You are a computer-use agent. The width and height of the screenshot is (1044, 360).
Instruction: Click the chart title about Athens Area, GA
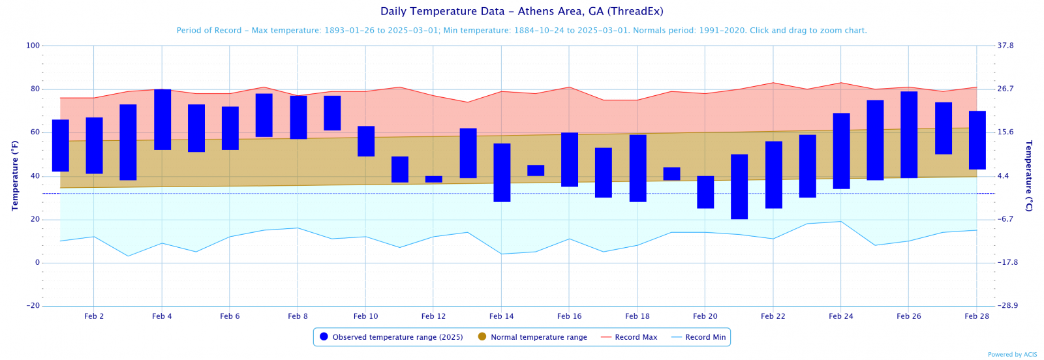click(x=521, y=11)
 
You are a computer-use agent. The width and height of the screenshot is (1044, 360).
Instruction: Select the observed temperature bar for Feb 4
click(x=162, y=119)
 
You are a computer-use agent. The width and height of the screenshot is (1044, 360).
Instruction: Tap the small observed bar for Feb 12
click(x=434, y=179)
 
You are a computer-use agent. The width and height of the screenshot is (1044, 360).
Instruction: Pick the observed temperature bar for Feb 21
click(x=739, y=187)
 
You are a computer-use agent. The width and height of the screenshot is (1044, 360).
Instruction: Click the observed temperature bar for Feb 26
click(x=909, y=134)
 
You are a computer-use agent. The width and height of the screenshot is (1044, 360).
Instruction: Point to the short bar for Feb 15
click(x=536, y=170)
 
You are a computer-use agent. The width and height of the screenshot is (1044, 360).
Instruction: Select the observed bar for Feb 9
click(x=332, y=113)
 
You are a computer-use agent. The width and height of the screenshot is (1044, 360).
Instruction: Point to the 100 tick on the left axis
click(x=33, y=46)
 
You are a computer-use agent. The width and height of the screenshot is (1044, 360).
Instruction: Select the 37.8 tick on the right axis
click(x=1006, y=46)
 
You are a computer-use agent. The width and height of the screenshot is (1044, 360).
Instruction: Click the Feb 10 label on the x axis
click(x=365, y=316)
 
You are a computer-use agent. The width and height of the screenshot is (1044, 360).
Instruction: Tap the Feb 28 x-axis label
click(x=977, y=316)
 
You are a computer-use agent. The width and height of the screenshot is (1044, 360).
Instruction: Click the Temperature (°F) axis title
click(x=15, y=175)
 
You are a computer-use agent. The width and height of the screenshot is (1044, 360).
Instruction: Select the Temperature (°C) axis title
click(x=1029, y=175)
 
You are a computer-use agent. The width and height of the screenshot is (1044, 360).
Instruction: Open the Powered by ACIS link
click(x=1012, y=355)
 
